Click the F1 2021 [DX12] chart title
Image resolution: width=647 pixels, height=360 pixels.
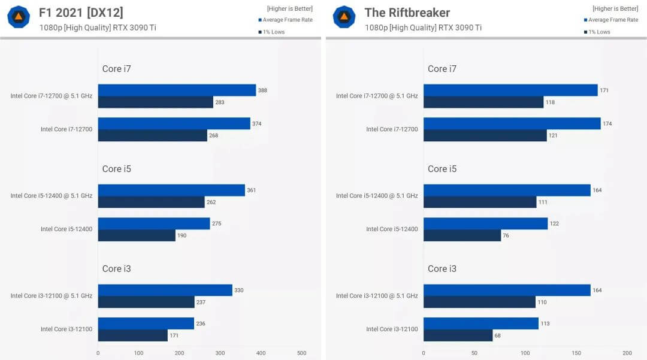point(81,13)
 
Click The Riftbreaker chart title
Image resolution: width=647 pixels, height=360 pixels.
point(407,13)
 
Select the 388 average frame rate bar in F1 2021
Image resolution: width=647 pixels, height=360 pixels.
point(177,90)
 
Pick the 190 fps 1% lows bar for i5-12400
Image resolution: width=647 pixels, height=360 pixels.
point(137,235)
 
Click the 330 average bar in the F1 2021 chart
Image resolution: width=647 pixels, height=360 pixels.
point(165,291)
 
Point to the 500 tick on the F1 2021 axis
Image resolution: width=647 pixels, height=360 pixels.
point(301,353)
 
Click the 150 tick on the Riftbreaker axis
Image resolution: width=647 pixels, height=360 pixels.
point(576,353)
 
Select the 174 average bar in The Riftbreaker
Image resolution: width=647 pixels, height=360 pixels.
point(512,123)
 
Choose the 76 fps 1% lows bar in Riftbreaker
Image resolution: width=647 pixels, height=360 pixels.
point(462,235)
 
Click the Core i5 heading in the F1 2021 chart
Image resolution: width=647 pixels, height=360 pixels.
point(116,169)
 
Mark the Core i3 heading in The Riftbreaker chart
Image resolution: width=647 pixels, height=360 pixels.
point(442,269)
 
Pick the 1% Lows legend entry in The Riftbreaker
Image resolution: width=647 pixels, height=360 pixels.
point(600,32)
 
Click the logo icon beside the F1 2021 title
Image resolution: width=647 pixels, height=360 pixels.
point(18,17)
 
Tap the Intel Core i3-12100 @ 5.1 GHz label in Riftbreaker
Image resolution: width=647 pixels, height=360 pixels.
point(377,296)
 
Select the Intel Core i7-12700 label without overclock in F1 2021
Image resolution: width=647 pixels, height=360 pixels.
point(66,129)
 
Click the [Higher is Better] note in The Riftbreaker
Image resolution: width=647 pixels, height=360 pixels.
point(615,8)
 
